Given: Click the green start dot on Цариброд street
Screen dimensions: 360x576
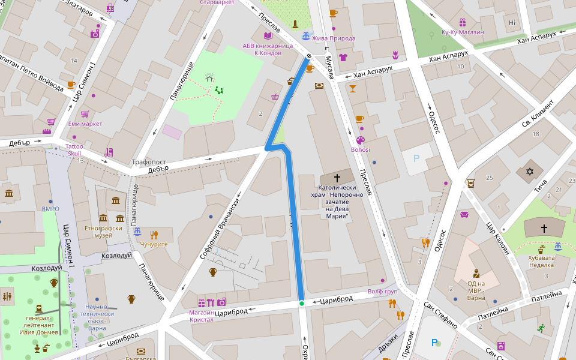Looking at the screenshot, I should pyautogui.click(x=302, y=304).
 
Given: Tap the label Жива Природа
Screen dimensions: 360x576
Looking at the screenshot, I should pyautogui.click(x=334, y=38).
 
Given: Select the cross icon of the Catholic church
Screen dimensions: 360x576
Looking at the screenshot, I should pyautogui.click(x=337, y=178).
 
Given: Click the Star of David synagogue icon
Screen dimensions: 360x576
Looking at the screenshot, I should pyautogui.click(x=529, y=172).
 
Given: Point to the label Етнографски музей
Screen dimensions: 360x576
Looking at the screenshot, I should pyautogui.click(x=103, y=232).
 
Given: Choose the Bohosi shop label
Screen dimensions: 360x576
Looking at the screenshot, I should pyautogui.click(x=361, y=149).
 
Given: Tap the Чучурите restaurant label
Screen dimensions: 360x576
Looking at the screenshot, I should pyautogui.click(x=154, y=244).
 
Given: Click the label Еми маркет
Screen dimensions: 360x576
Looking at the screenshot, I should pyautogui.click(x=85, y=124).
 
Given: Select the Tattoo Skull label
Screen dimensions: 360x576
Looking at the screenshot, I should pyautogui.click(x=74, y=150).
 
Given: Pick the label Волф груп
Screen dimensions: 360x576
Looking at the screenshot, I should pyautogui.click(x=383, y=292).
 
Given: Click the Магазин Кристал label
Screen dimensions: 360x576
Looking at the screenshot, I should pyautogui.click(x=202, y=316).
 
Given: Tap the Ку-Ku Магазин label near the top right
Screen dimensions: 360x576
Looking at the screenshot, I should pyautogui.click(x=463, y=32).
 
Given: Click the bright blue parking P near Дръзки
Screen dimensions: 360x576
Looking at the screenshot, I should pyautogui.click(x=434, y=343).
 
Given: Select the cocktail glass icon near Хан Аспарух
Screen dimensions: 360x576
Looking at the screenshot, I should pyautogui.click(x=352, y=89).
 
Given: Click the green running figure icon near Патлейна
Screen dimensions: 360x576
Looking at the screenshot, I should pyautogui.click(x=541, y=328).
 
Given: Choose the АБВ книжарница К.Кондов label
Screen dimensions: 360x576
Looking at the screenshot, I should pyautogui.click(x=268, y=49).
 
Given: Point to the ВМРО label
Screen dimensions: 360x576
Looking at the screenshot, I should pyautogui.click(x=50, y=209).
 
